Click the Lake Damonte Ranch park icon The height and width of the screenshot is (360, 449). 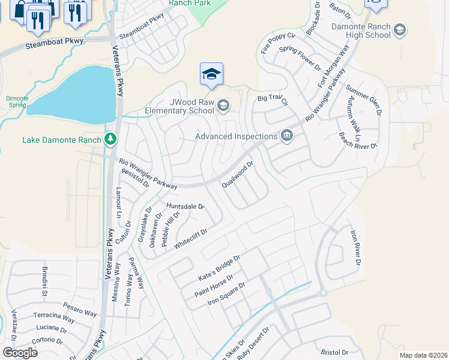point(110,139)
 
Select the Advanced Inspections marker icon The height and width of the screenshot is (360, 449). point(287,136)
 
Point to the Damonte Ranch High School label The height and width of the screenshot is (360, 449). point(360,31)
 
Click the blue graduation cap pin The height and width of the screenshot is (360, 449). point(211,74)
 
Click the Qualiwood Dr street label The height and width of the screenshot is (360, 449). point(239,173)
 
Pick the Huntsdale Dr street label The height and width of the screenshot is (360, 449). point(185,206)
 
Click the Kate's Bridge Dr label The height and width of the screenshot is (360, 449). point(219,268)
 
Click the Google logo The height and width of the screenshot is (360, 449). point(20,353)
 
